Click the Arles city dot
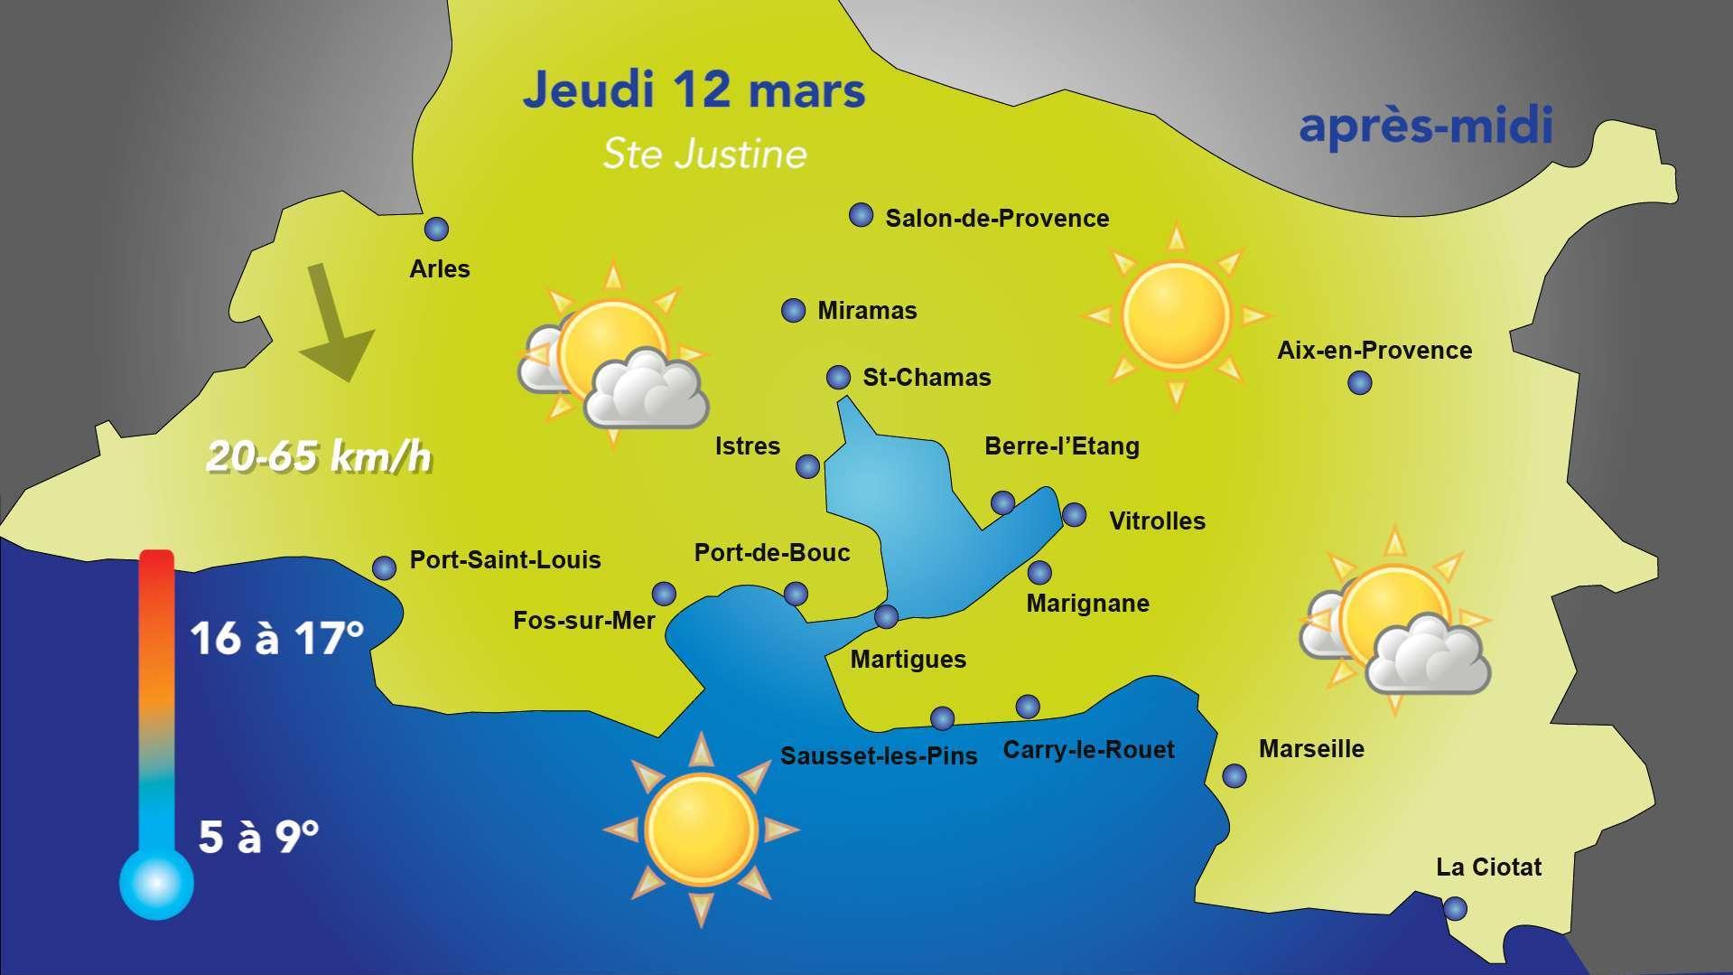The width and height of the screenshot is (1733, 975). click(x=436, y=229)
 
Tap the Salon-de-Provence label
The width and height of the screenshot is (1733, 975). click(x=996, y=219)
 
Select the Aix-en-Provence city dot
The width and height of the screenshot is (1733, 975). click(x=1359, y=383)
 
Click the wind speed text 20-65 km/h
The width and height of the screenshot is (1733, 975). click(x=319, y=457)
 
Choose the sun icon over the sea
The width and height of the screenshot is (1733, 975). click(x=701, y=830)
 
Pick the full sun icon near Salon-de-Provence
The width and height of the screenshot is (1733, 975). click(x=1176, y=316)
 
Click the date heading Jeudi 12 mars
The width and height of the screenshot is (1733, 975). click(x=694, y=90)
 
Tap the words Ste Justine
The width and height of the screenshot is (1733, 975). click(x=704, y=154)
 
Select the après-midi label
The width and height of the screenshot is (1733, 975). click(x=1426, y=126)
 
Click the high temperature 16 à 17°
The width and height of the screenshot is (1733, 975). click(x=276, y=639)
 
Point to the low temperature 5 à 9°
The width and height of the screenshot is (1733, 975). click(x=258, y=837)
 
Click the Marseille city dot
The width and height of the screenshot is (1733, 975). click(x=1234, y=775)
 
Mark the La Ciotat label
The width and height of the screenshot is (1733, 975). click(x=1488, y=867)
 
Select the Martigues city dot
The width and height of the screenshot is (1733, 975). click(x=886, y=616)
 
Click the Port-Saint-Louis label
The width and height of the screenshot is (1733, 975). click(x=505, y=560)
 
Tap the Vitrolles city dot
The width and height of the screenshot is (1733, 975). click(x=1074, y=515)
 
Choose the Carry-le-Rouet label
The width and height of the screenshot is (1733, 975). click(x=1088, y=750)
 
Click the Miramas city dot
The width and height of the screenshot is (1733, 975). click(x=793, y=311)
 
